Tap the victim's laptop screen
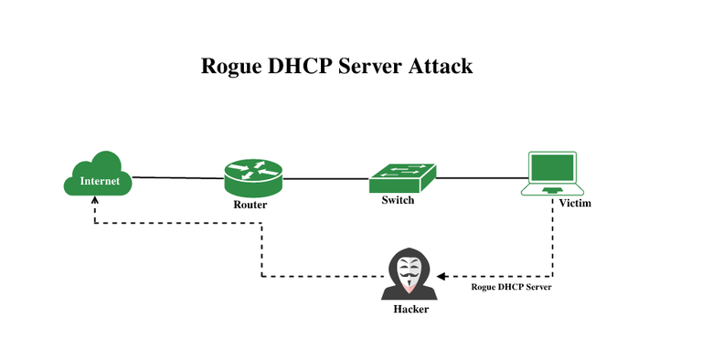[x=553, y=168]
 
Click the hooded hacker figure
[x=409, y=274]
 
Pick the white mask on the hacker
[x=409, y=271]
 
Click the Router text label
[x=250, y=205]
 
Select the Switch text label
[x=398, y=199]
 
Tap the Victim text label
[x=575, y=203]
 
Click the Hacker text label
[x=410, y=309]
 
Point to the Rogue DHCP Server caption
[x=511, y=287]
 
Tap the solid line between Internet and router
[x=178, y=177]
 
